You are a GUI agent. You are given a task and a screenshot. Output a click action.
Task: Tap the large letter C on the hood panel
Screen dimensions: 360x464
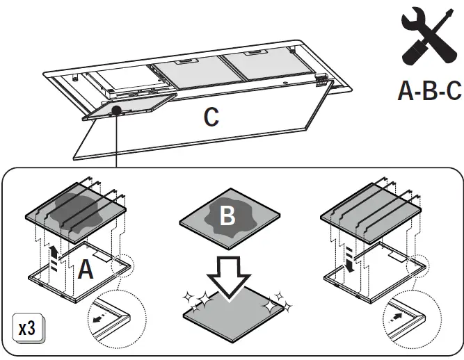pyautogui.click(x=211, y=117)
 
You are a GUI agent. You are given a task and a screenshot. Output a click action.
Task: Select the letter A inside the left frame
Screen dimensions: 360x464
pyautogui.click(x=85, y=270)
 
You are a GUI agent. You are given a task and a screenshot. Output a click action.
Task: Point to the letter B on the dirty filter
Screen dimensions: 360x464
pyautogui.click(x=227, y=216)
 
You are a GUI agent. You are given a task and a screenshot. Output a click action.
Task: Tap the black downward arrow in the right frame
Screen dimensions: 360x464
pyautogui.click(x=349, y=264)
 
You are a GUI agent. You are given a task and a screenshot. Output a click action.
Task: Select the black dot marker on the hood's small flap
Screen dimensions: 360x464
pyautogui.click(x=116, y=110)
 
